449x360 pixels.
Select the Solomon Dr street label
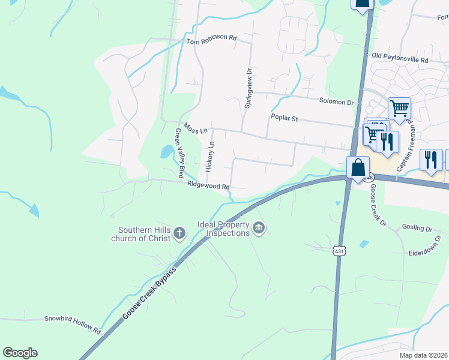[x=337, y=103]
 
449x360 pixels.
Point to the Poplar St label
[x=285, y=118]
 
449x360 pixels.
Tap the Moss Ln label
[x=196, y=129]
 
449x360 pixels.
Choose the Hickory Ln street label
[x=209, y=157]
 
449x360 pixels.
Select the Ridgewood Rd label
[x=208, y=186]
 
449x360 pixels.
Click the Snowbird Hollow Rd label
[x=72, y=325]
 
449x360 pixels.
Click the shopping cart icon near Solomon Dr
[x=399, y=109]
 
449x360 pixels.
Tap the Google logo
[x=20, y=353]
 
